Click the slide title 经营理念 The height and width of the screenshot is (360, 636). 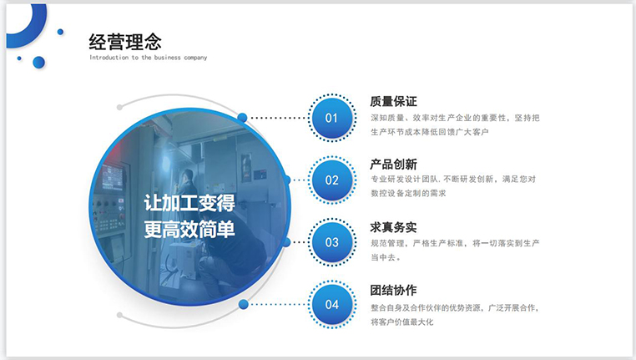click(125, 42)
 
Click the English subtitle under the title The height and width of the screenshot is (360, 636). click(148, 58)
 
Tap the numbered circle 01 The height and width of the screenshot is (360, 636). click(332, 118)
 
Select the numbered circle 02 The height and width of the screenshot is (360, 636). click(332, 180)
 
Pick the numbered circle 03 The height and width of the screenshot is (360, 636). click(332, 242)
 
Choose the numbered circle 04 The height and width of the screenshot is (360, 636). click(332, 304)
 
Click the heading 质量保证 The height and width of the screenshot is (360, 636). click(393, 101)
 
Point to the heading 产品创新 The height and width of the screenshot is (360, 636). click(393, 164)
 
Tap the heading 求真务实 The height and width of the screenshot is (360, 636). click(393, 227)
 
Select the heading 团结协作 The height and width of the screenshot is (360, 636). click(393, 290)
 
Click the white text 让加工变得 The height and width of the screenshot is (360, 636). click(189, 202)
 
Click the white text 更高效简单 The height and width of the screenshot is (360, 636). click(189, 230)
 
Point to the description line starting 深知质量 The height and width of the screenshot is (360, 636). click(455, 118)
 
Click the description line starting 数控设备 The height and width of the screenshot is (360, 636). click(408, 193)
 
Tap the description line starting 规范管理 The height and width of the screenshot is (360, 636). click(455, 243)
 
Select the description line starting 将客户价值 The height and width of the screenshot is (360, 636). click(402, 322)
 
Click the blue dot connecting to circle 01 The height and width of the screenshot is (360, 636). click(243, 118)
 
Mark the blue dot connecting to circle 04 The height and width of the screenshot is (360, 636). click(244, 304)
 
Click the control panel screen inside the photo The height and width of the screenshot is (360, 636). click(113, 177)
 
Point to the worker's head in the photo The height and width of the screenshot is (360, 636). click(188, 176)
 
